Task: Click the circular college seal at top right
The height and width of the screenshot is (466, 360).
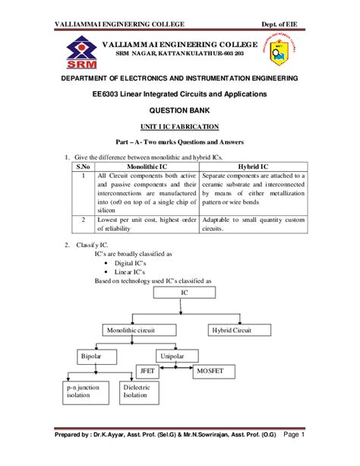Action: (x=286, y=52)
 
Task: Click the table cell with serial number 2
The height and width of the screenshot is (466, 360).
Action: (x=81, y=220)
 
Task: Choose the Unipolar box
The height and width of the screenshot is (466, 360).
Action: (x=175, y=355)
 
